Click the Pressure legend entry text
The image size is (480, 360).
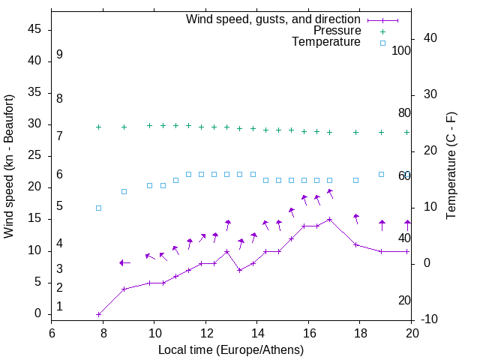click(337, 31)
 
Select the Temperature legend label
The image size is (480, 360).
click(326, 42)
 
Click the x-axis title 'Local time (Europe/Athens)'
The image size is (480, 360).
click(231, 350)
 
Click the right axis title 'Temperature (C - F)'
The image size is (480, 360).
click(451, 166)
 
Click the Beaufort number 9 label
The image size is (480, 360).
click(59, 55)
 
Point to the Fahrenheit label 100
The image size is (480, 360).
click(401, 50)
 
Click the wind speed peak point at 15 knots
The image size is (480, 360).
click(330, 220)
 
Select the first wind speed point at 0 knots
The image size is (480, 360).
click(98, 314)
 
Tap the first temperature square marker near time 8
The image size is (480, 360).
click(98, 208)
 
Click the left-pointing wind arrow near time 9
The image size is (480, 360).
click(124, 262)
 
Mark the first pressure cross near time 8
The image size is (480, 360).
click(98, 127)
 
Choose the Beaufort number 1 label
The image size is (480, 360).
click(59, 307)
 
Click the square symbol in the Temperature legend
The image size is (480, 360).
click(382, 43)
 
